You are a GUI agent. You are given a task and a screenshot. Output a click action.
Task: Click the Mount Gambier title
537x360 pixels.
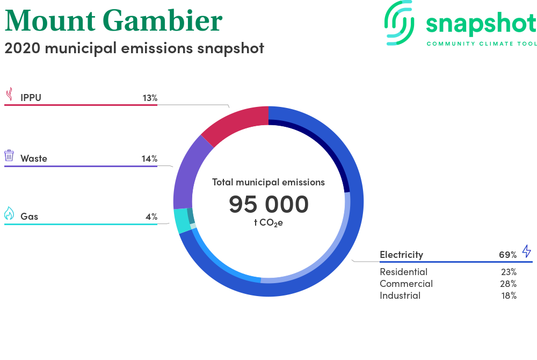(113, 20)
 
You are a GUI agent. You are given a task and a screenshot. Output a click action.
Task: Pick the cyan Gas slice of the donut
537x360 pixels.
(182, 220)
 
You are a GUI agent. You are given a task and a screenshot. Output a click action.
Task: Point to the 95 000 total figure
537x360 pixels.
(269, 204)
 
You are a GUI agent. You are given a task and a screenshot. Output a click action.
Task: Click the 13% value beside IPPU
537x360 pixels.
(150, 98)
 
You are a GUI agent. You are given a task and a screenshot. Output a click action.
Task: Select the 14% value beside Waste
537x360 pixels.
(150, 159)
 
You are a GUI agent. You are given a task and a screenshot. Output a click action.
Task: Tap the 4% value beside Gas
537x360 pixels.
(151, 217)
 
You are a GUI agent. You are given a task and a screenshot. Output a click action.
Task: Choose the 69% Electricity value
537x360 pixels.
(507, 255)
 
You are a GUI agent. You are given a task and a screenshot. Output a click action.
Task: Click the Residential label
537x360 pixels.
(403, 272)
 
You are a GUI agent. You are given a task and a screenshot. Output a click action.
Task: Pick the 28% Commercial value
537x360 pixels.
(508, 284)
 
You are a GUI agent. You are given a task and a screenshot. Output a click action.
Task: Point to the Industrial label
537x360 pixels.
(400, 296)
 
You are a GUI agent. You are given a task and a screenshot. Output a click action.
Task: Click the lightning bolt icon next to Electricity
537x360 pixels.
(527, 251)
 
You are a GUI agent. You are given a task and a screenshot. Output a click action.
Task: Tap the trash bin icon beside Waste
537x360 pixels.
(9, 155)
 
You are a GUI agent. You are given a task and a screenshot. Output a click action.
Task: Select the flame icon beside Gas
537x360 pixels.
(9, 213)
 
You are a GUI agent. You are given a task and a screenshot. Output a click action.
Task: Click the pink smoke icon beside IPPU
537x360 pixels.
(10, 94)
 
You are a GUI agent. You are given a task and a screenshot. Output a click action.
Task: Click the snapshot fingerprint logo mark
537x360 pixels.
(399, 23)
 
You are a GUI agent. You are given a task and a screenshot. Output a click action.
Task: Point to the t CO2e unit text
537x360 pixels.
(268, 223)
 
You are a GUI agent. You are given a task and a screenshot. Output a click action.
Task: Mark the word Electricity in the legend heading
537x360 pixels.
(401, 255)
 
